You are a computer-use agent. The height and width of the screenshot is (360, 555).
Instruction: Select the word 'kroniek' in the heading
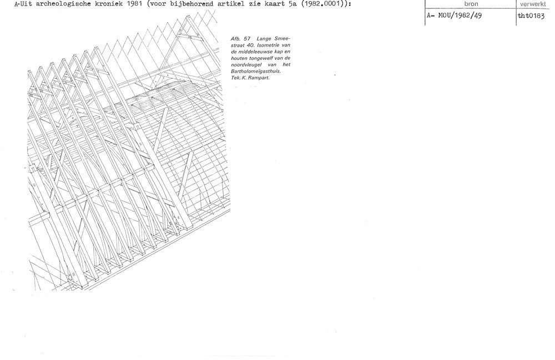pyautogui.click(x=104, y=4)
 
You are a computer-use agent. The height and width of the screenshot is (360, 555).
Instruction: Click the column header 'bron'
pyautogui.click(x=471, y=4)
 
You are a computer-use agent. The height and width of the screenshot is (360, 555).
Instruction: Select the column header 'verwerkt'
pyautogui.click(x=533, y=4)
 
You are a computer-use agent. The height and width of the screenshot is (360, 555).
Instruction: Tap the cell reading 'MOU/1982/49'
pyautogui.click(x=460, y=16)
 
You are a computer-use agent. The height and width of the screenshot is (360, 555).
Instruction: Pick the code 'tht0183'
pyautogui.click(x=531, y=16)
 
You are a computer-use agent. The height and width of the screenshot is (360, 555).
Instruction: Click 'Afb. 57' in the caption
pyautogui.click(x=240, y=38)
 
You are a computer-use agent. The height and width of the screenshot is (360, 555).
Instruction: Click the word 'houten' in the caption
pyautogui.click(x=239, y=58)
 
